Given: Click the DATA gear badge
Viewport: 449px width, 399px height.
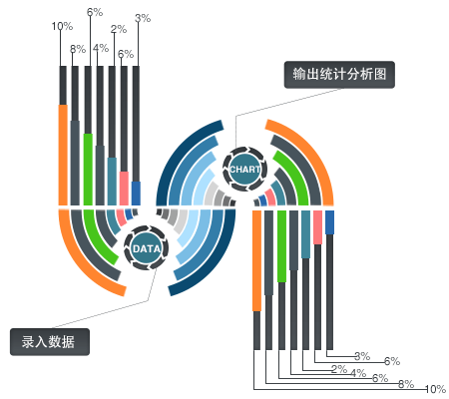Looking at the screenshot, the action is point(146,248).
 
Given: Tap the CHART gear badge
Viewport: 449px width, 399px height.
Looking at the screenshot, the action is point(244,169).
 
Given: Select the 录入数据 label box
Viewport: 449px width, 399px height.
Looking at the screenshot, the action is point(50,342).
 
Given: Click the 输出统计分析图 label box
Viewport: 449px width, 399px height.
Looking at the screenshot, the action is point(339,75).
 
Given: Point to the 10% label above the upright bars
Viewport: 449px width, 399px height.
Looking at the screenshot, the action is point(62,26).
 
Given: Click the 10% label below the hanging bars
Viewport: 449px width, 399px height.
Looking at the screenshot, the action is point(435,389).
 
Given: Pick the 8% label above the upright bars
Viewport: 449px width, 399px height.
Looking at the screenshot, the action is point(78,49).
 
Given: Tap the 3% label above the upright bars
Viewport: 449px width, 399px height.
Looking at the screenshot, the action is point(143,18).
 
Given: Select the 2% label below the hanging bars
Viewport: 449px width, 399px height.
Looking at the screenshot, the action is point(339,369).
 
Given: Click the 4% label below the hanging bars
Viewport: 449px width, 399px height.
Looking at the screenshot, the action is point(358,373).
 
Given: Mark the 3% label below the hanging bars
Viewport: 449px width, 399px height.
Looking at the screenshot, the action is point(362,356).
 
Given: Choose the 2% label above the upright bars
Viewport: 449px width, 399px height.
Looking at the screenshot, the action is point(119,29).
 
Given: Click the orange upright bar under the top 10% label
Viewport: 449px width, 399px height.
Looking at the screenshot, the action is point(63,155).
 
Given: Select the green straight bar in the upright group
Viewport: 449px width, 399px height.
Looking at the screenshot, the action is point(88,170).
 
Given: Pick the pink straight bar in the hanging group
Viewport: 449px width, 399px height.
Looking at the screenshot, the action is point(317,227).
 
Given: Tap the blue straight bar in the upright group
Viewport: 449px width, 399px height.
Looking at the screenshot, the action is point(136,194).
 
